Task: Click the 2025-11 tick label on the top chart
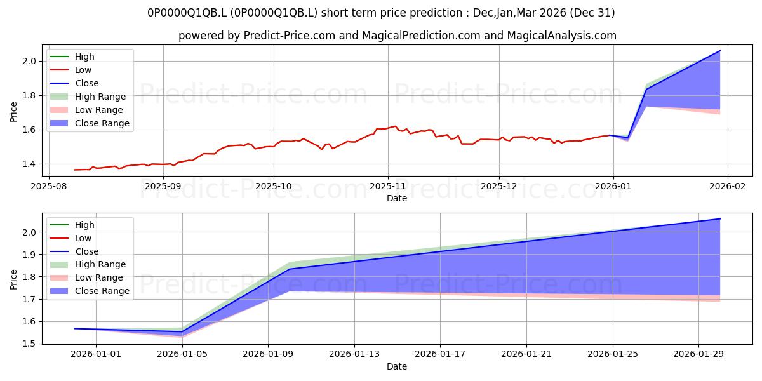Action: coord(388,187)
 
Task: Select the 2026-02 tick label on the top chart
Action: coord(727,187)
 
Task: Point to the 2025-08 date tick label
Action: coord(49,187)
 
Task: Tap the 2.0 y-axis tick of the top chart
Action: coord(29,61)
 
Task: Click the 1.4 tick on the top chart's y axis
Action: coord(29,164)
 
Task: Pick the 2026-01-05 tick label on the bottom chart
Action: coord(182,354)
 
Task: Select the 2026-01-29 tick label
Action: coord(698,354)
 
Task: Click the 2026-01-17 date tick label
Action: coord(440,354)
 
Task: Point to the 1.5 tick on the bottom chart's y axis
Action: coord(29,344)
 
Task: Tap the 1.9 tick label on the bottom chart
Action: coord(29,255)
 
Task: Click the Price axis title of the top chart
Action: coord(13,112)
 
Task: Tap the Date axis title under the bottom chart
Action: coord(397,366)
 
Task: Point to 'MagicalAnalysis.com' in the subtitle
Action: coord(561,36)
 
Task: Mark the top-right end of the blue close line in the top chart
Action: coord(720,50)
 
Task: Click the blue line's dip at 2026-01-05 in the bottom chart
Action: coord(182,331)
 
